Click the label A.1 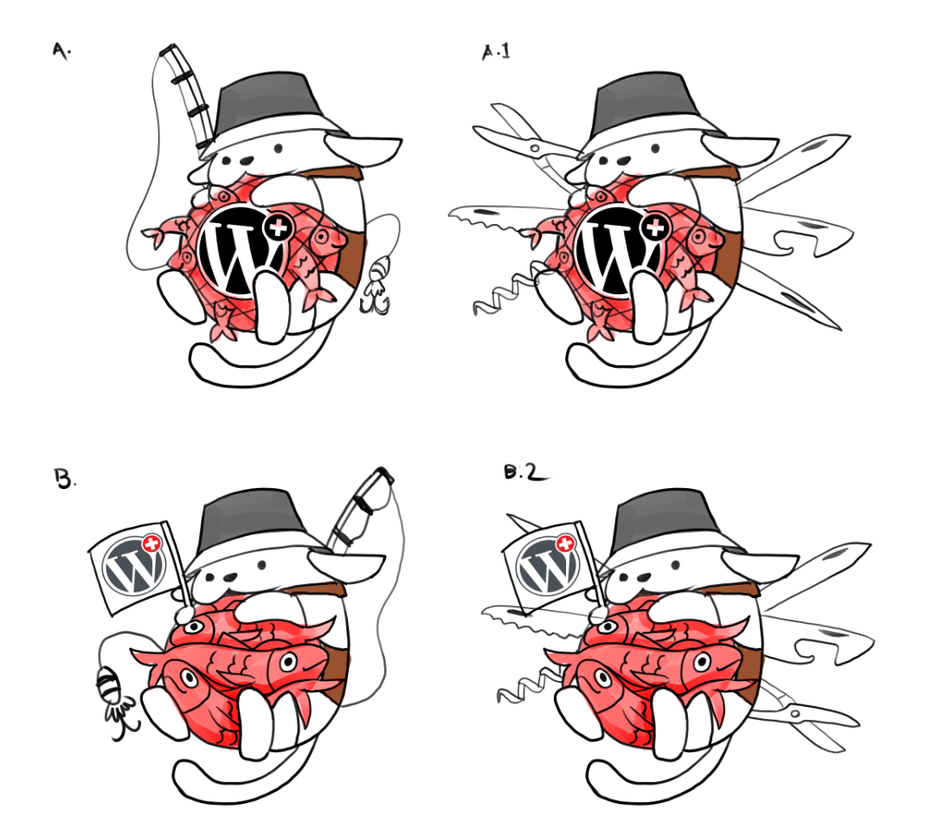click(x=496, y=53)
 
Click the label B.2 click(x=521, y=473)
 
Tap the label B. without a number click(x=64, y=479)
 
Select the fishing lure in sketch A click(x=376, y=286)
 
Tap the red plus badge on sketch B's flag click(x=152, y=543)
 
